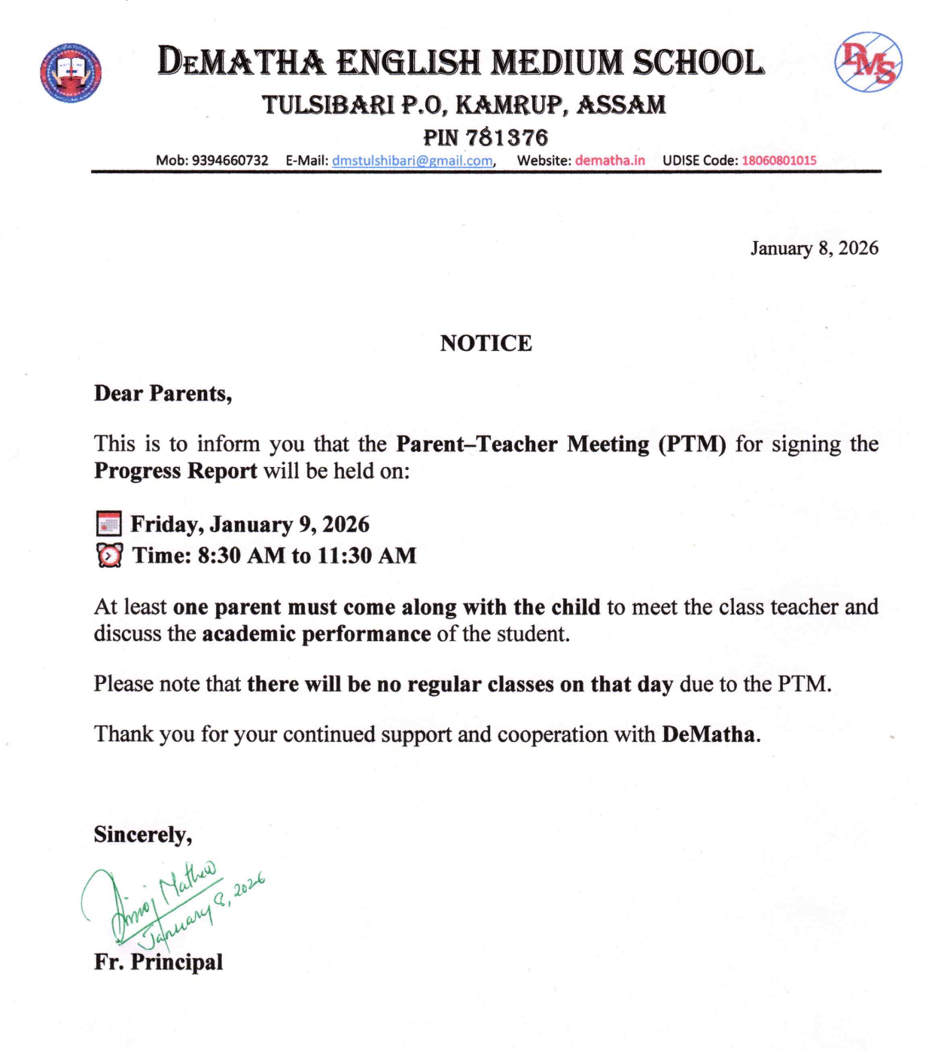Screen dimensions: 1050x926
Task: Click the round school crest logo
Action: (71, 73)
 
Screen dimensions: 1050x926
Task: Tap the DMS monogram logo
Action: (868, 63)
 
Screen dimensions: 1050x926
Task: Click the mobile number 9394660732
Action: (230, 160)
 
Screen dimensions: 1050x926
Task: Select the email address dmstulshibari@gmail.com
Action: (412, 160)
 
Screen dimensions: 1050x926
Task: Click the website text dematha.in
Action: (610, 160)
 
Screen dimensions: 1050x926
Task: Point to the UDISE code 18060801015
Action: (778, 160)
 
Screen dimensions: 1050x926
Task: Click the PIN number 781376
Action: (506, 138)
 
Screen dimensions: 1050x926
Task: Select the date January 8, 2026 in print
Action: (814, 249)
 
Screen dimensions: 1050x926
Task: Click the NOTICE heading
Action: (486, 343)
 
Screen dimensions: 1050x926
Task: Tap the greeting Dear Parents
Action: (163, 394)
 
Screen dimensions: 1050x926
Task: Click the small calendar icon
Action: (109, 523)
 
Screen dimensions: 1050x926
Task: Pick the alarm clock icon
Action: (109, 556)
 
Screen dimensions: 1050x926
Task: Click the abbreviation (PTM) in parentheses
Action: (692, 444)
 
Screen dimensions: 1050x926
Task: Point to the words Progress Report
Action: (175, 472)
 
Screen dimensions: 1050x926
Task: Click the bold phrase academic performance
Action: (316, 634)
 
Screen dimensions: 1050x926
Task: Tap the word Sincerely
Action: (142, 835)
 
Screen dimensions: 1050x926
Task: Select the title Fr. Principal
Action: (158, 962)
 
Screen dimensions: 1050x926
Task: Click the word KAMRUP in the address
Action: (511, 105)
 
